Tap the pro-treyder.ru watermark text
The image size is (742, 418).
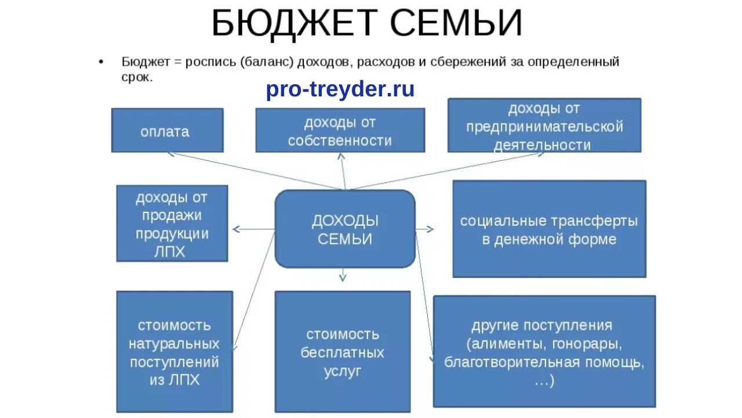340,89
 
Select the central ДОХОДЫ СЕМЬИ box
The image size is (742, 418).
345,229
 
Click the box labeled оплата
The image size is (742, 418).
167,131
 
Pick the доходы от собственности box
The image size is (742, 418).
340,131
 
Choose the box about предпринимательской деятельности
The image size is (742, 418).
544,126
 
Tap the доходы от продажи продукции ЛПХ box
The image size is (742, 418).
172,224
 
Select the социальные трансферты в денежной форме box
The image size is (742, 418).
548,229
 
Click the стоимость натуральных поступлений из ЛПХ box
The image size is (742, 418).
174,352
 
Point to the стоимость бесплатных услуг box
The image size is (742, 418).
342,352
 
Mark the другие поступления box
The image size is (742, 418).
544,352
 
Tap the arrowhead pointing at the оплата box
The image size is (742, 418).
171,154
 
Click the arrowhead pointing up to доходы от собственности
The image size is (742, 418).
342,156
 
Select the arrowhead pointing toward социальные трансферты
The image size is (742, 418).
430,229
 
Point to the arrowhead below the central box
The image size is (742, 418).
343,278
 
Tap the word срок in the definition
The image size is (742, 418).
137,77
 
